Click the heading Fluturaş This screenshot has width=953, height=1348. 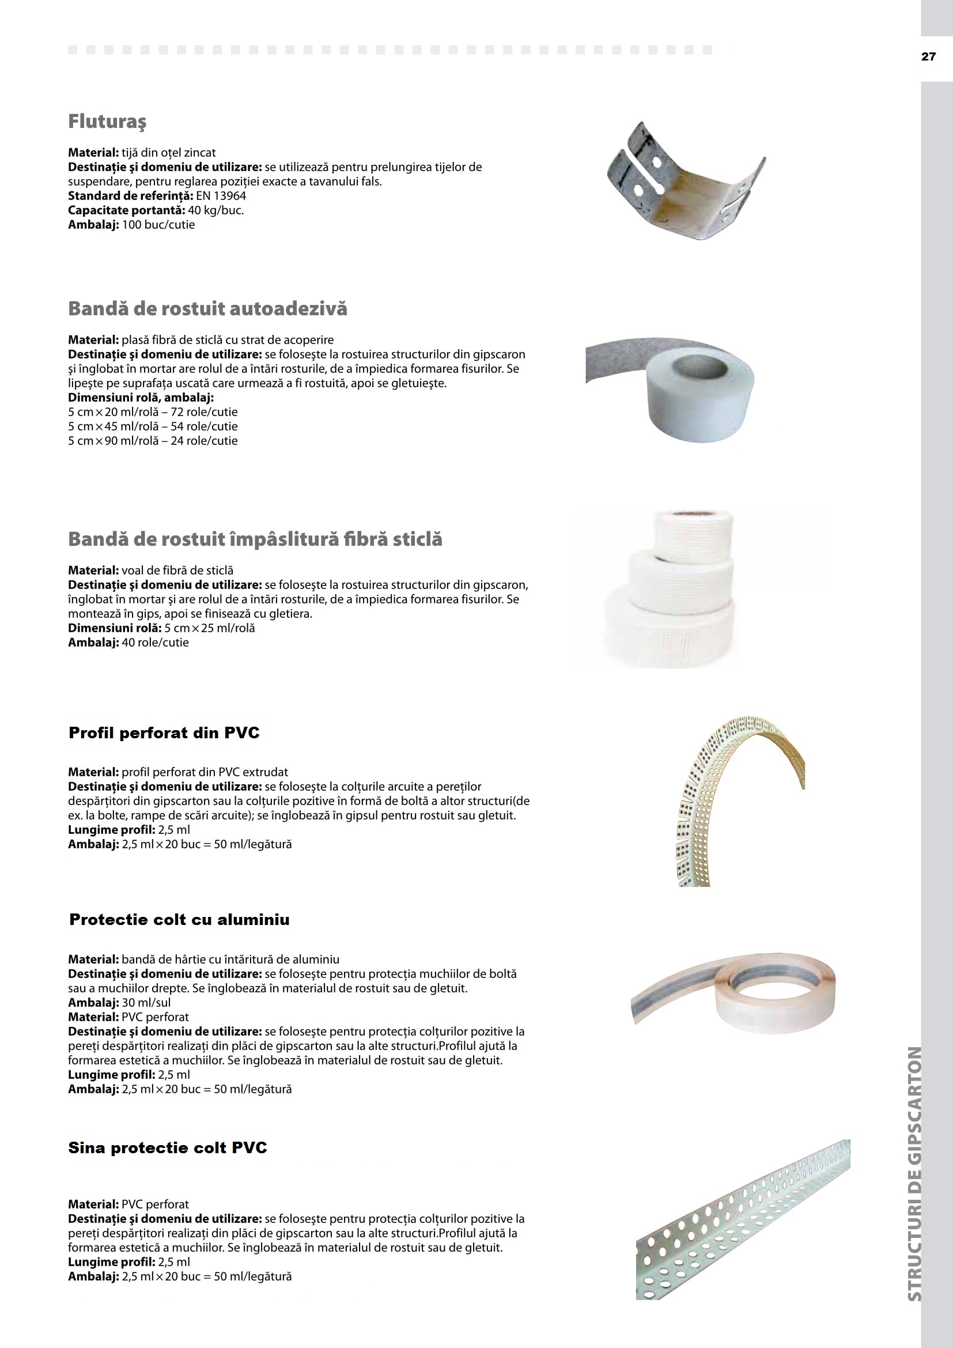pyautogui.click(x=107, y=122)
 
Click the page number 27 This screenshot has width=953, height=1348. pyautogui.click(x=928, y=57)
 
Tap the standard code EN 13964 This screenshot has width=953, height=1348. pyautogui.click(x=221, y=196)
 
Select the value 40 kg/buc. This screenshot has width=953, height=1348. pyautogui.click(x=215, y=210)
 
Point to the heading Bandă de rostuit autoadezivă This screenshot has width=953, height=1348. pyautogui.click(x=208, y=309)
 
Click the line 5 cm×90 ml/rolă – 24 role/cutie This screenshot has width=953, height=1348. pyautogui.click(x=153, y=441)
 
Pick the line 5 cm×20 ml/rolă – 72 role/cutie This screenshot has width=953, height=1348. pyautogui.click(x=153, y=412)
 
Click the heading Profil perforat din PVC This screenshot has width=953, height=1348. pyautogui.click(x=164, y=733)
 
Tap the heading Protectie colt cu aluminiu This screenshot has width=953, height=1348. pyautogui.click(x=179, y=920)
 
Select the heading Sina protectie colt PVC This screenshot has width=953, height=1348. pyautogui.click(x=167, y=1148)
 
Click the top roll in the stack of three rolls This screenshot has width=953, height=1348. pyautogui.click(x=693, y=531)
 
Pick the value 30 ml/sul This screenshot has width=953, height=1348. pyautogui.click(x=146, y=1003)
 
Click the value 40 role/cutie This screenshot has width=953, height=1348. pyautogui.click(x=155, y=643)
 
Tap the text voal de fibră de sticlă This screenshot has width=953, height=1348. pyautogui.click(x=177, y=571)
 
